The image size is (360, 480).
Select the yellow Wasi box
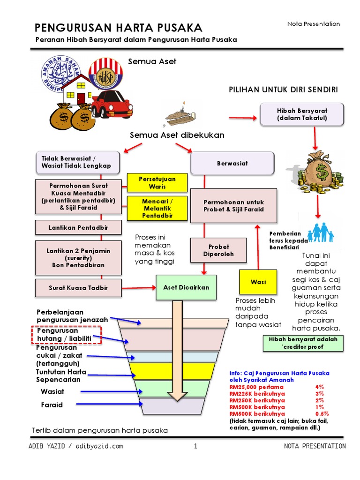(258, 282)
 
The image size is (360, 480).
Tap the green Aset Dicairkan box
(186, 287)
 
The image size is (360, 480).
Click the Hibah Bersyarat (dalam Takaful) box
(302, 114)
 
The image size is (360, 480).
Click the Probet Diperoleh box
(218, 250)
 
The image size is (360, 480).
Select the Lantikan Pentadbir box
(78, 228)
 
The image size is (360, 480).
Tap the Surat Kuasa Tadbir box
(78, 288)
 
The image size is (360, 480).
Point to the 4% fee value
(320, 387)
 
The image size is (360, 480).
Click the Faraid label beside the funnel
(51, 405)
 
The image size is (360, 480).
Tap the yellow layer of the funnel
(172, 370)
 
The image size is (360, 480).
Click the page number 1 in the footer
(195, 446)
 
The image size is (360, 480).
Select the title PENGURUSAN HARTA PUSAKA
(119, 27)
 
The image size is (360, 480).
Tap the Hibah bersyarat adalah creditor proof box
(303, 343)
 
